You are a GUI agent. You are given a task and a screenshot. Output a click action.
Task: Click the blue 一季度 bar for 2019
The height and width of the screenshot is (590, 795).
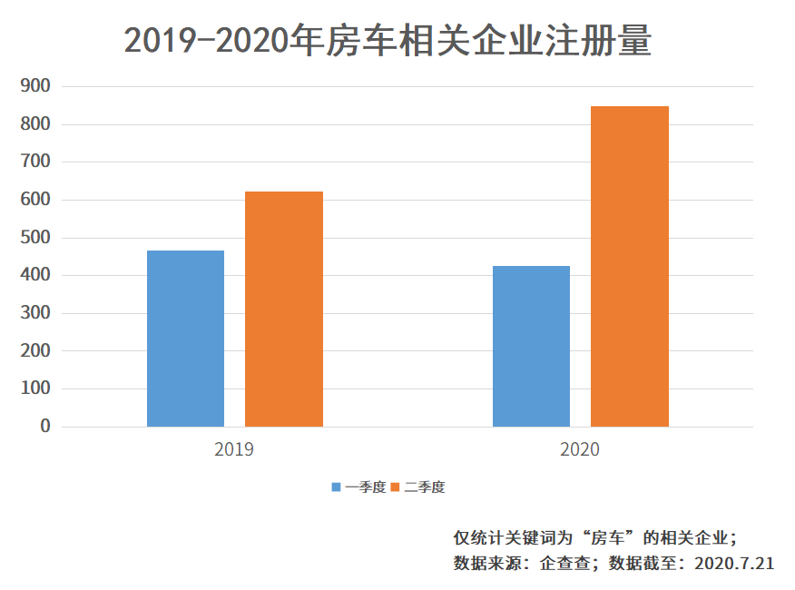click(185, 339)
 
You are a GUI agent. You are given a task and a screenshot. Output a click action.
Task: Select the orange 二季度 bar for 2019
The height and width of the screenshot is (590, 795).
click(284, 309)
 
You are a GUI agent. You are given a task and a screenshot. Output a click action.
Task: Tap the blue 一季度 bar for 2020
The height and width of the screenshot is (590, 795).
click(531, 346)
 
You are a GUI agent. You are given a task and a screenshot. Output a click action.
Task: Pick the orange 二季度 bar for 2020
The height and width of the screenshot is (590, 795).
click(630, 266)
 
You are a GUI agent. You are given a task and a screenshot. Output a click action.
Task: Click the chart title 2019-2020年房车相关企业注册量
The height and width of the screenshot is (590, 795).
click(388, 42)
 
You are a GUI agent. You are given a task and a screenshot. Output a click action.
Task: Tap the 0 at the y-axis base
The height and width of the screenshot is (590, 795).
click(45, 427)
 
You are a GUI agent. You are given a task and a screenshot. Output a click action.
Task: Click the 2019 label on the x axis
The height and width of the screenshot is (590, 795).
click(234, 449)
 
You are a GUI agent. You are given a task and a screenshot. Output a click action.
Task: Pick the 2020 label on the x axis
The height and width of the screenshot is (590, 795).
click(580, 449)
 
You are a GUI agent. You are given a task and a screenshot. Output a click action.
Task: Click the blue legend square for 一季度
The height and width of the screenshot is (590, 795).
click(337, 487)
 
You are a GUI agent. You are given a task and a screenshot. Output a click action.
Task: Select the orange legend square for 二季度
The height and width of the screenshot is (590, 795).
click(396, 487)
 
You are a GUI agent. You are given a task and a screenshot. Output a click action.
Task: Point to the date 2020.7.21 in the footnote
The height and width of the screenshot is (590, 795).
click(733, 563)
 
